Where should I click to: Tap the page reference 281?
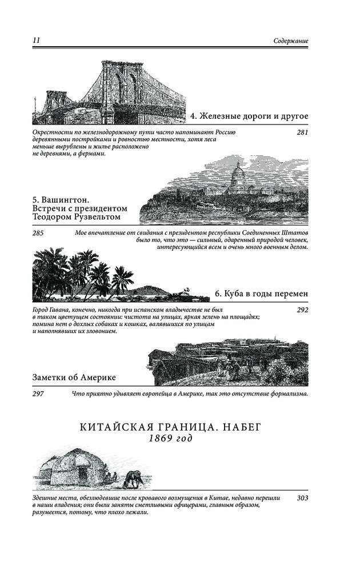[302, 132]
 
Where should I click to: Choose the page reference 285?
[39, 233]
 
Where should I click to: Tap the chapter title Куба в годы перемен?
[262, 294]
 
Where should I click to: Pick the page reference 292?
[302, 310]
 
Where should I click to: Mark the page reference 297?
[39, 394]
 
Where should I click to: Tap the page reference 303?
[302, 498]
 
